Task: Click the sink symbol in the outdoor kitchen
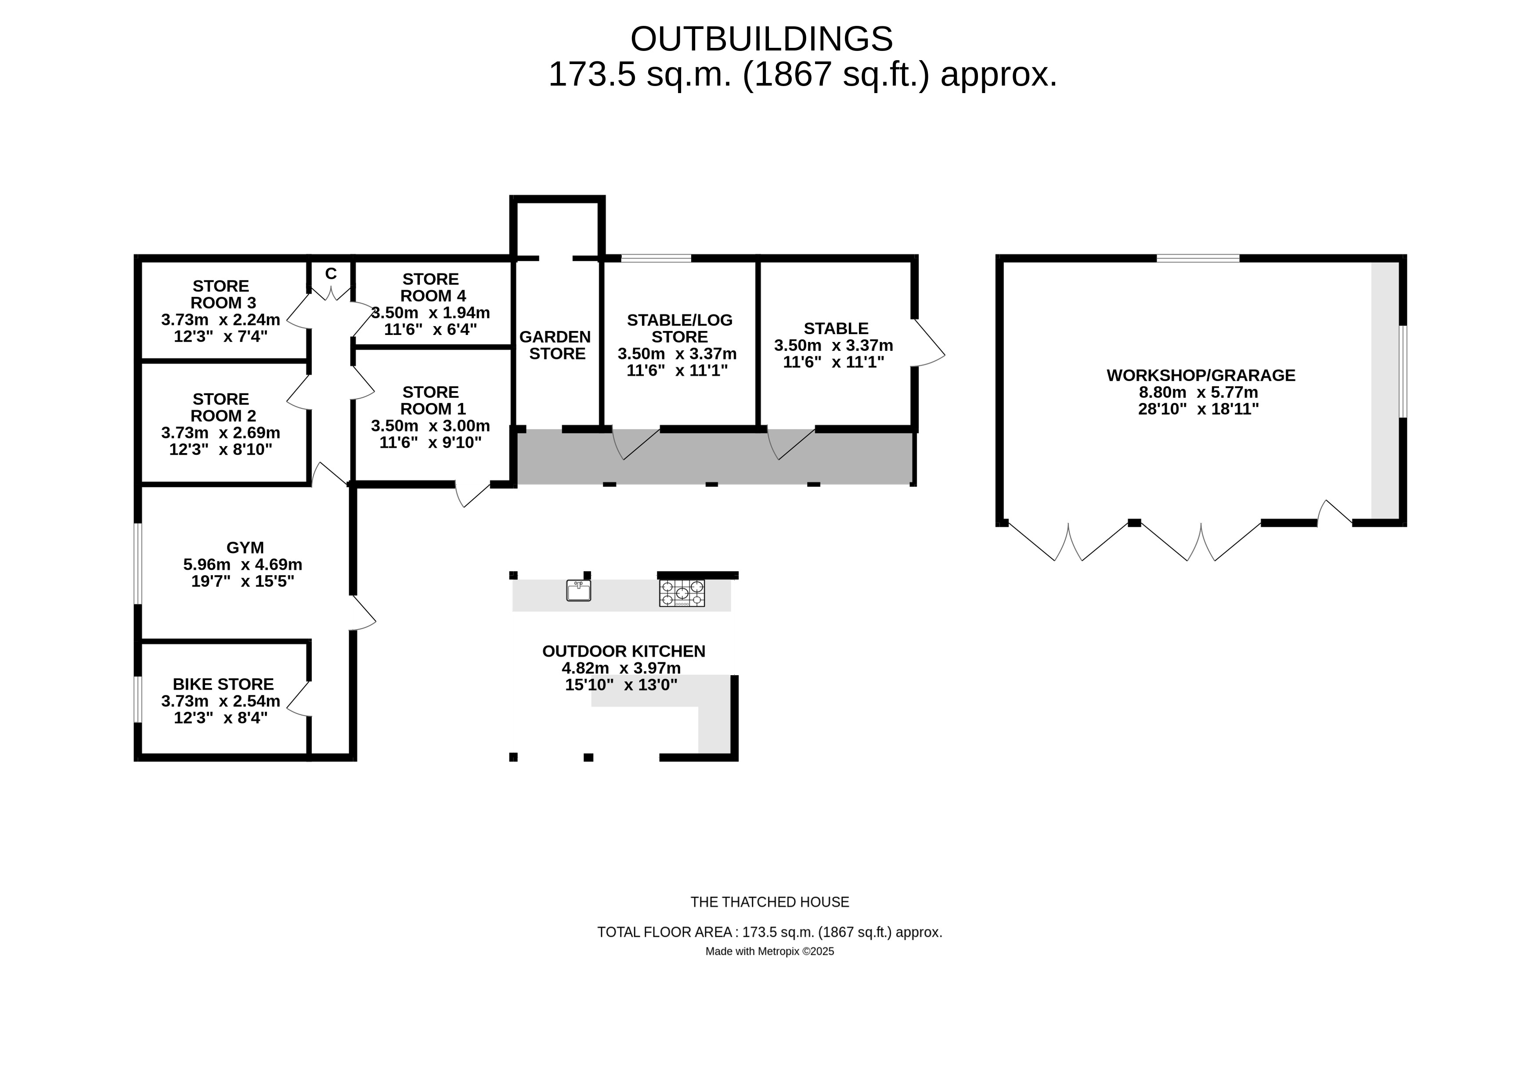[x=578, y=590]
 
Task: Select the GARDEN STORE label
[x=555, y=345]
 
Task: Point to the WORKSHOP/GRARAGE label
[x=1201, y=375]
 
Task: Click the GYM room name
[x=245, y=547]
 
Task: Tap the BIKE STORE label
[x=223, y=684]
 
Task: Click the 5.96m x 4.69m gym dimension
[x=242, y=565]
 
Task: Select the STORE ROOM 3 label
[x=220, y=294]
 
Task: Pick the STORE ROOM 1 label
[x=431, y=400]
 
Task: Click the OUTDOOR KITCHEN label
[x=623, y=651]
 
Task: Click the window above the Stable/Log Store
[x=655, y=258]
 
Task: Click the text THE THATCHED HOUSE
[x=770, y=902]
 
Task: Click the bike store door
[x=299, y=698]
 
